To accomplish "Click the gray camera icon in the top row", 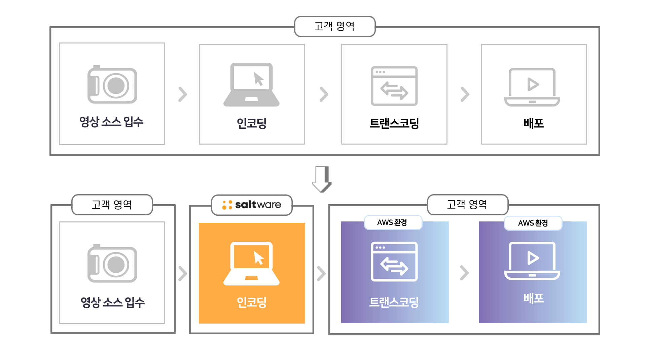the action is click(112, 84).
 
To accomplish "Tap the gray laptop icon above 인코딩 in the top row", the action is click(251, 85).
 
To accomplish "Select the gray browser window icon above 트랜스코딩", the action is click(394, 86).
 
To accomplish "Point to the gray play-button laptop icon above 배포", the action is click(532, 87).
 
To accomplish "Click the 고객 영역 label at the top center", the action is click(335, 26).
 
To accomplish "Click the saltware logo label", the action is click(252, 205).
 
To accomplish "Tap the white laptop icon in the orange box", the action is click(251, 264).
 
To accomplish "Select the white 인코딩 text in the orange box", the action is click(252, 302).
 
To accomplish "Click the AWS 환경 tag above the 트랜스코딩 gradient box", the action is click(393, 222).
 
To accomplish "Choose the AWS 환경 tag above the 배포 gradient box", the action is click(533, 223).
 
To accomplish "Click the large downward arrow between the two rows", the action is click(322, 179).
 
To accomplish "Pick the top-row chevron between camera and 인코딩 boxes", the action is click(182, 94).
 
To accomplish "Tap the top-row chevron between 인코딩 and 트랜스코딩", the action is click(324, 94).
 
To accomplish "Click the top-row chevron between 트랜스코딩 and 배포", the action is click(465, 94).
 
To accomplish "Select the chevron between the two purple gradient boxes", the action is click(464, 273).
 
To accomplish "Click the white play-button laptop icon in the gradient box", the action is click(532, 261).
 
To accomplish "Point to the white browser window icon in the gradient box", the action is click(394, 262).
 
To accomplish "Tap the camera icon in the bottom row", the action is click(112, 263).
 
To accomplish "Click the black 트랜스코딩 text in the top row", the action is click(394, 123).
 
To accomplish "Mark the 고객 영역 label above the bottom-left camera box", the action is click(112, 205).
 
